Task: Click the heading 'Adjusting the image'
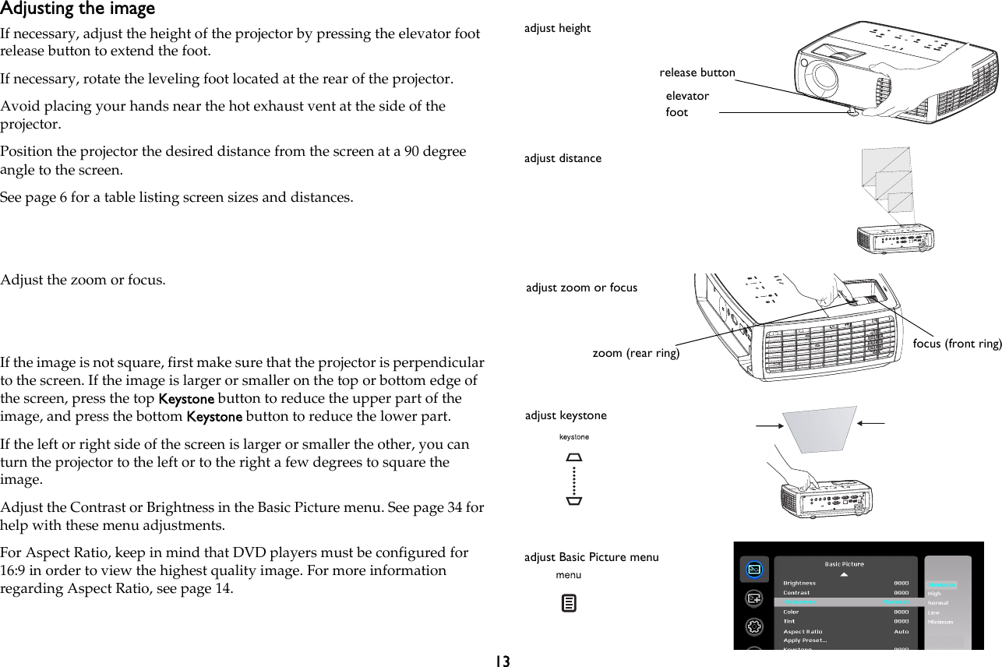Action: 77,9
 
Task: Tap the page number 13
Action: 502,661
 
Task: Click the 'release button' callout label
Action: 697,72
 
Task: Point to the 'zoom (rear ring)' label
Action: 636,353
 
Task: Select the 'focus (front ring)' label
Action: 956,344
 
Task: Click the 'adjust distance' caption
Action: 563,158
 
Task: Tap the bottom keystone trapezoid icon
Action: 574,500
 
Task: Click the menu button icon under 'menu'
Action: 570,603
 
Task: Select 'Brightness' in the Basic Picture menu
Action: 799,583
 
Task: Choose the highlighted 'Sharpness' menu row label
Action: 801,602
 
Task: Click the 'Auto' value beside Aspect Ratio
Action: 901,631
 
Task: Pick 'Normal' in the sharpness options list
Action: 939,603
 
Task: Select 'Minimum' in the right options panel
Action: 940,622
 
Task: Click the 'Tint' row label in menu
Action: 790,621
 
